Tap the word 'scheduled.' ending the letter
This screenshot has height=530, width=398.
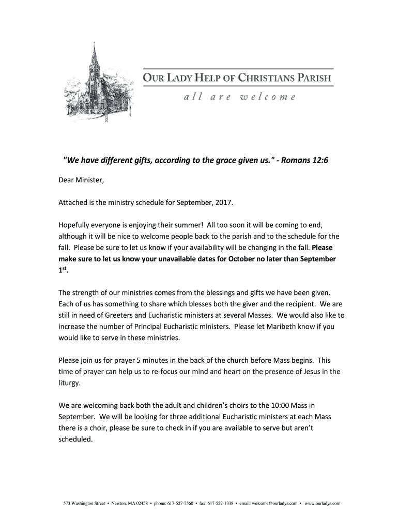[x=75, y=439]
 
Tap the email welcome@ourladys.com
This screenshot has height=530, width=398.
[x=274, y=503]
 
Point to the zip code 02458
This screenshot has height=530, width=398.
[x=140, y=503]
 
